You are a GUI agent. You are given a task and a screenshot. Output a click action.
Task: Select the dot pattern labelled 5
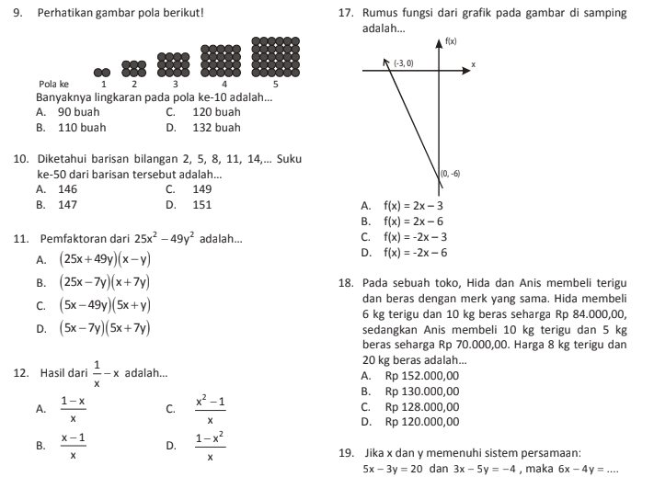click(275, 57)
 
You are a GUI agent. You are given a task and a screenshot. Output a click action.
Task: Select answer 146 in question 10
click(68, 189)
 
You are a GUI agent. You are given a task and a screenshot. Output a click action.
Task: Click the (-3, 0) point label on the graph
click(403, 62)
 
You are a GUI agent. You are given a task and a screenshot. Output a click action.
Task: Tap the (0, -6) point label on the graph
click(450, 173)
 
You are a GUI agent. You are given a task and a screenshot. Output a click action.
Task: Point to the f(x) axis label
click(451, 41)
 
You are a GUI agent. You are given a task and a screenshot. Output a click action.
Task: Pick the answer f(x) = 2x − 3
click(413, 205)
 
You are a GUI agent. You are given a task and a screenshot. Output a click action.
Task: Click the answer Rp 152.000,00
click(422, 375)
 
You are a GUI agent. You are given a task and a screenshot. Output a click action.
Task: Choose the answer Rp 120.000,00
click(422, 422)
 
